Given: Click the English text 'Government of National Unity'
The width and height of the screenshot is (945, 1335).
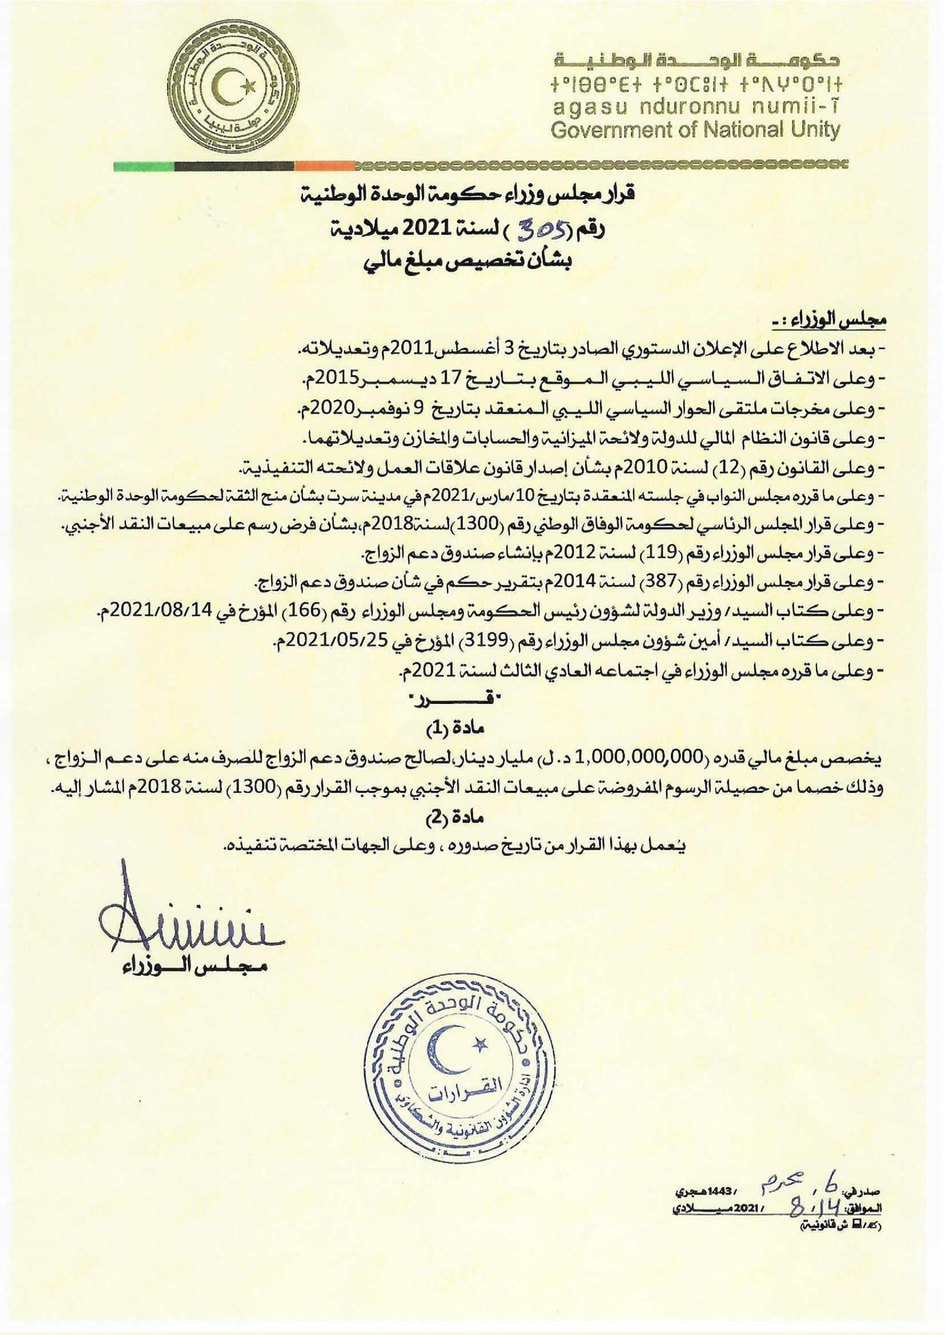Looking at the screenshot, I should point(695,130).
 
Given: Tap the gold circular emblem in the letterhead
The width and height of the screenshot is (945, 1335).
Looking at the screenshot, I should point(231,91).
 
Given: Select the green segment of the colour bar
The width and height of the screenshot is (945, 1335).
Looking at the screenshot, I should point(144,166).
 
